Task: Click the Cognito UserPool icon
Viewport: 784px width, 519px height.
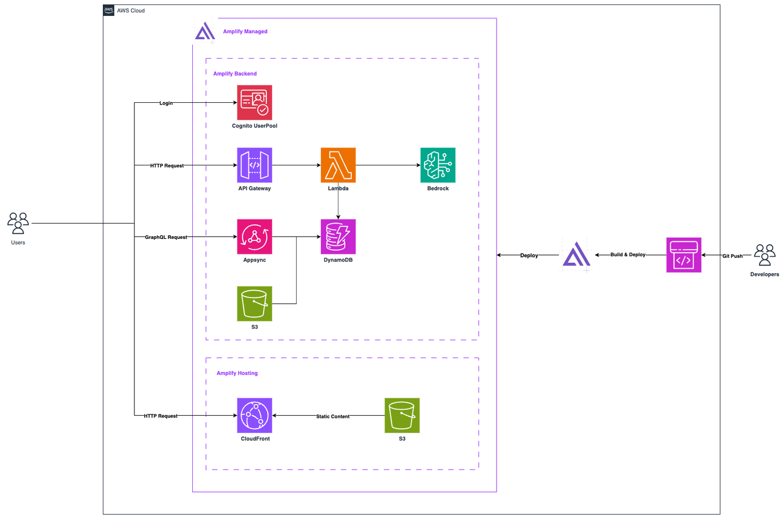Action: click(254, 102)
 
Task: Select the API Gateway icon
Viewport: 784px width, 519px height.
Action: click(254, 165)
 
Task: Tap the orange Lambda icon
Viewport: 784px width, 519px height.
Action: click(338, 165)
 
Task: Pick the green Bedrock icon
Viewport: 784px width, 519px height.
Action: click(438, 165)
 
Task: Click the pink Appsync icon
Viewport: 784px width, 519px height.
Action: click(254, 237)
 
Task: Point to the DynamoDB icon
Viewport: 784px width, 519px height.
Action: click(338, 237)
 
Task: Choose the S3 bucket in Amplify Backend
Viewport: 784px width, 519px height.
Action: click(254, 304)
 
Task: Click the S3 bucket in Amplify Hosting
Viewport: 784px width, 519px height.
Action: click(402, 415)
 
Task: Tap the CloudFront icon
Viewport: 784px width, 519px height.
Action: click(254, 415)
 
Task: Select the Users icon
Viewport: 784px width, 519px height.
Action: click(18, 224)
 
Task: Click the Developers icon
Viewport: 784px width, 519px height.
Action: click(764, 255)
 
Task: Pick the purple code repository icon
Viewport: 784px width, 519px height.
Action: click(683, 255)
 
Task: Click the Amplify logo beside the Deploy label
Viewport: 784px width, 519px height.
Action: click(576, 255)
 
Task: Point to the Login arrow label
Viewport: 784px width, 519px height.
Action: click(166, 103)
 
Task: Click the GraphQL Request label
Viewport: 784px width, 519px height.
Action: click(166, 237)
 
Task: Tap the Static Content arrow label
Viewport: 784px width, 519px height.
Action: click(333, 416)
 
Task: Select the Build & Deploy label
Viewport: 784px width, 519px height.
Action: click(628, 255)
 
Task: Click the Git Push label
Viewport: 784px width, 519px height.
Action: click(732, 256)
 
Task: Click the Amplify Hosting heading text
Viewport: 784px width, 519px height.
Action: click(237, 373)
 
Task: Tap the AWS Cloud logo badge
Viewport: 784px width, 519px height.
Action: click(109, 10)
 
